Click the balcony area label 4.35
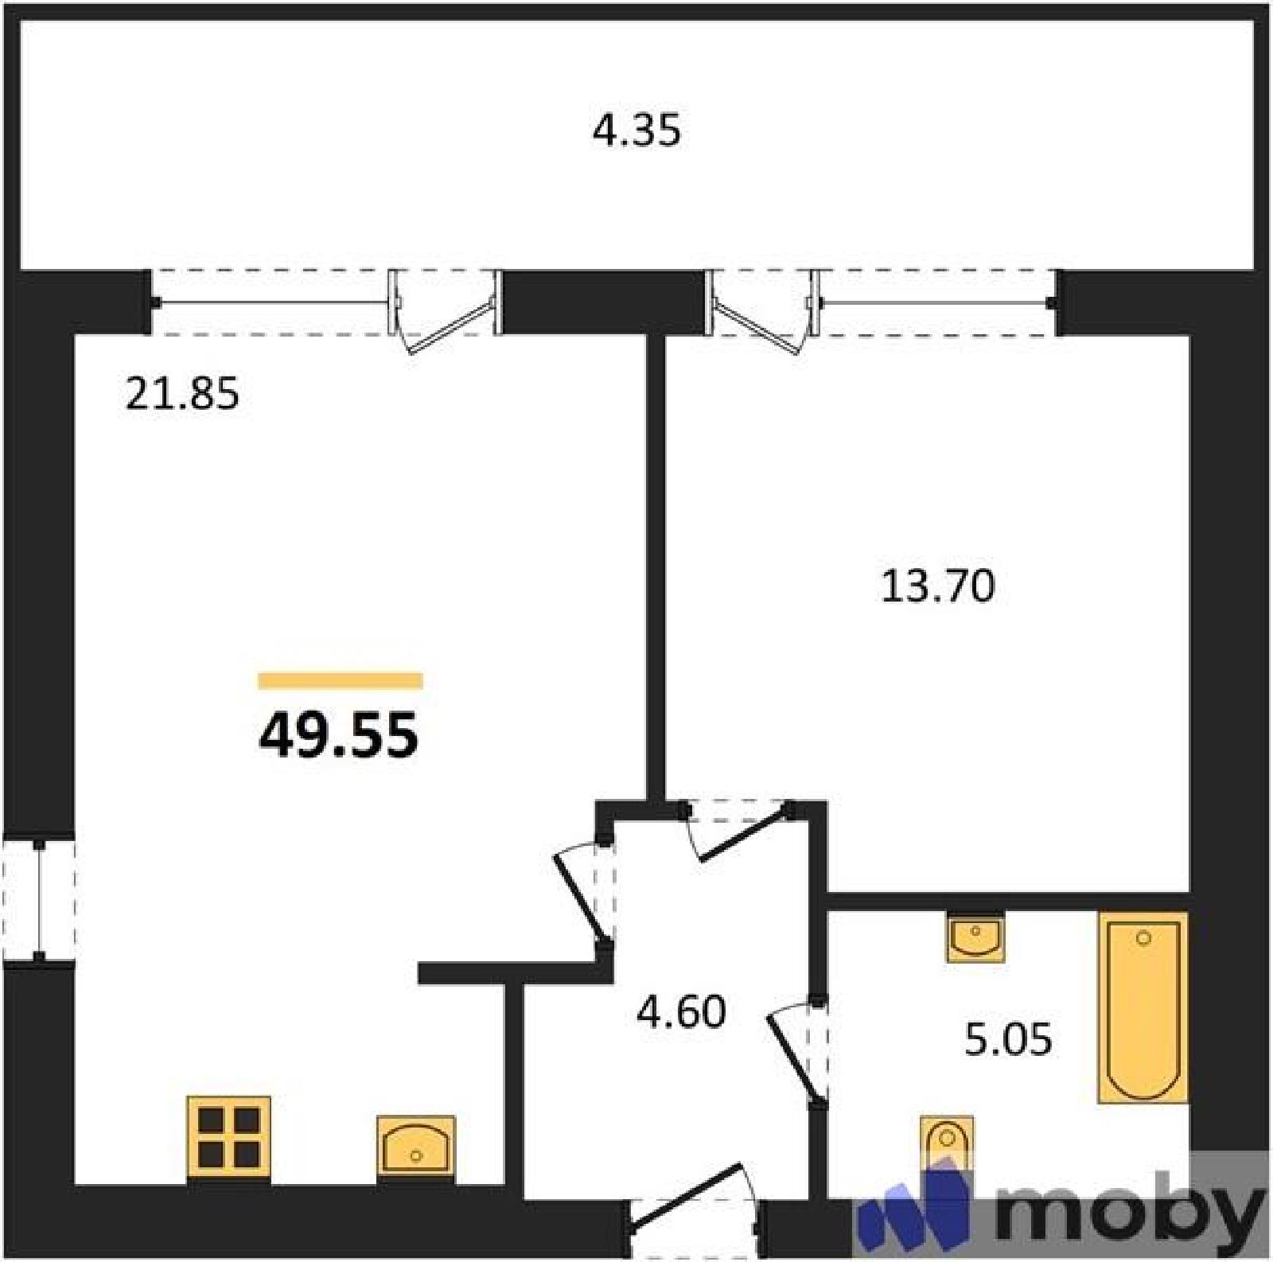pyautogui.click(x=636, y=131)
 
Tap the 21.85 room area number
pyautogui.click(x=182, y=393)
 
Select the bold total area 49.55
pyautogui.click(x=338, y=734)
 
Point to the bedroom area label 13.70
pyautogui.click(x=938, y=586)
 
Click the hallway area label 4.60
pyautogui.click(x=682, y=1012)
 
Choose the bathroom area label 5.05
pyautogui.click(x=1008, y=1038)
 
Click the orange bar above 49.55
pyautogui.click(x=341, y=680)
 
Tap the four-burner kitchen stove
pyautogui.click(x=228, y=1140)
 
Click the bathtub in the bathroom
pyautogui.click(x=1143, y=1007)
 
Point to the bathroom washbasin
pyautogui.click(x=975, y=938)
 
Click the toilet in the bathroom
pyautogui.click(x=947, y=1146)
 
